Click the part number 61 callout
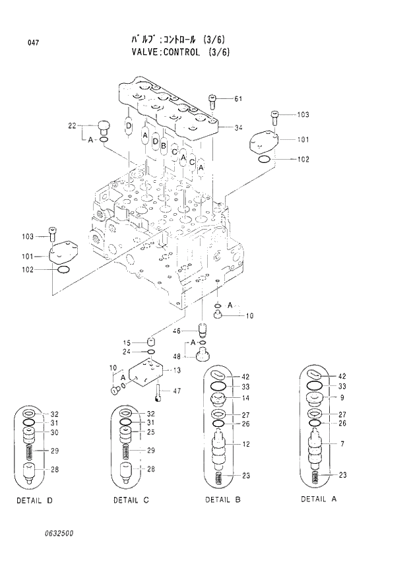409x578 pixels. tap(238, 100)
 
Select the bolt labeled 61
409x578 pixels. tap(212, 101)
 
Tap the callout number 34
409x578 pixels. tap(238, 127)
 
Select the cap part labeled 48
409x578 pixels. tap(202, 355)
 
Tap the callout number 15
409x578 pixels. tap(127, 342)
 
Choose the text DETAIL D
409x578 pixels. tap(34, 501)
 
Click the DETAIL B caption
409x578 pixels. tap(222, 499)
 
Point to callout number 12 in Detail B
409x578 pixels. tap(245, 444)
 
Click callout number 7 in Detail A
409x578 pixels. tap(342, 443)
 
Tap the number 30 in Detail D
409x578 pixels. tap(55, 433)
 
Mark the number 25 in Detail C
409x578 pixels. tap(150, 433)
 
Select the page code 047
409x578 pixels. tap(32, 44)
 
